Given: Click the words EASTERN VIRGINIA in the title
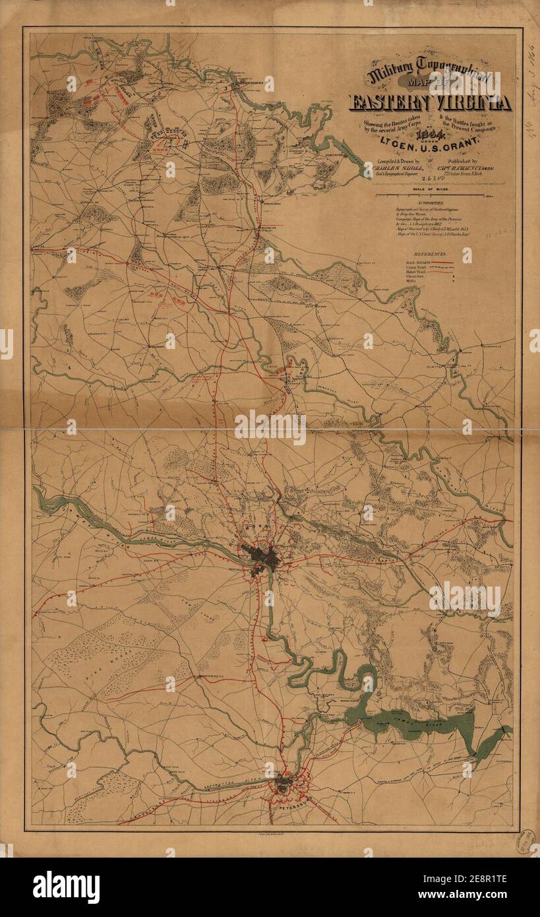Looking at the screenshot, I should [430, 103].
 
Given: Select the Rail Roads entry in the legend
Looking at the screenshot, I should [412, 262].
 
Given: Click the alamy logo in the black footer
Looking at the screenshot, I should [66, 887].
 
